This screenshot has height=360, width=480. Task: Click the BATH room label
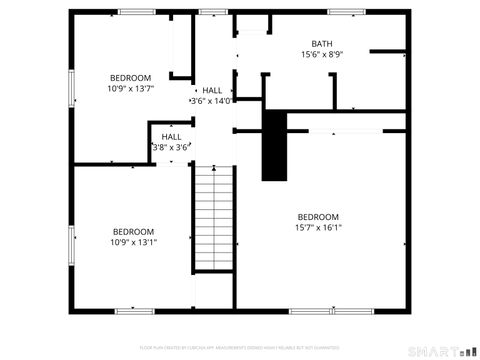(x=322, y=43)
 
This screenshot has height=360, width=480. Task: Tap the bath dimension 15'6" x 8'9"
(x=322, y=54)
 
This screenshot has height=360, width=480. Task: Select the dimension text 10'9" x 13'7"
(x=131, y=88)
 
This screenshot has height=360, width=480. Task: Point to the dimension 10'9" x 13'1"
(x=133, y=241)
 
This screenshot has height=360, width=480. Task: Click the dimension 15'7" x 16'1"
(x=318, y=227)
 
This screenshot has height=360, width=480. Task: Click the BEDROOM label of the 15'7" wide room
(x=318, y=216)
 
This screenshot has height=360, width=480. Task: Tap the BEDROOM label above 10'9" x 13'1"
(x=133, y=230)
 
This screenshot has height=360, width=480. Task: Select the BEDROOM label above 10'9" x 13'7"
(x=131, y=77)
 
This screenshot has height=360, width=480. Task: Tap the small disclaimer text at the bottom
(x=239, y=347)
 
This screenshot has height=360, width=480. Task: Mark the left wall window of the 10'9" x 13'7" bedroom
(x=71, y=88)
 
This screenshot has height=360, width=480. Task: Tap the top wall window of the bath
(x=345, y=12)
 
